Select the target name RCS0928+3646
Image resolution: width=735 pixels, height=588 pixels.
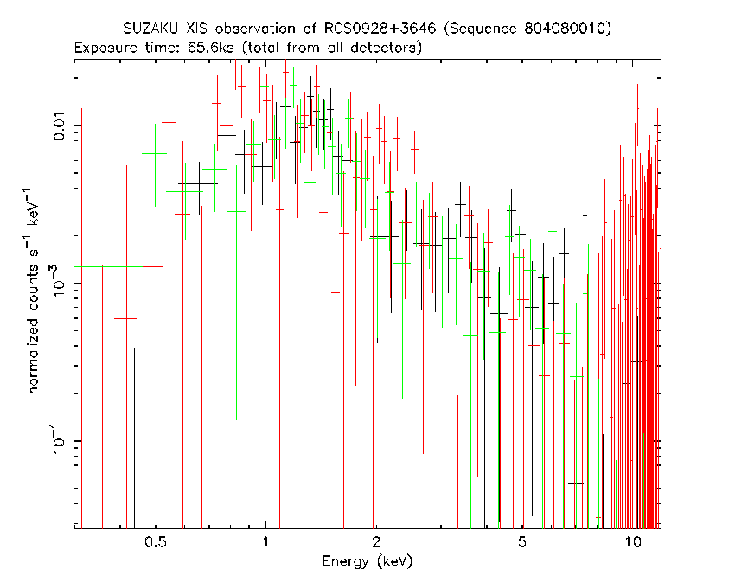click(380, 29)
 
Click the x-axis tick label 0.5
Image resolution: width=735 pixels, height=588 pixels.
click(156, 542)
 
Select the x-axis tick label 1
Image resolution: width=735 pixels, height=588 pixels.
click(265, 542)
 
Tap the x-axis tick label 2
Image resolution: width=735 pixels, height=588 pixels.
click(376, 542)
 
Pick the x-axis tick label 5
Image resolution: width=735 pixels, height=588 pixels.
click(521, 542)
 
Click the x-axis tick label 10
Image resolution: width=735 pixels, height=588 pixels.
click(632, 542)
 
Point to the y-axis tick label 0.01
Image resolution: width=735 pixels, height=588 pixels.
click(60, 125)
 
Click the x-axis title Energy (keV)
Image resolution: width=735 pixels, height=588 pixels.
click(367, 561)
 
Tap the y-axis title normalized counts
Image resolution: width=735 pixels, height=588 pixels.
click(33, 329)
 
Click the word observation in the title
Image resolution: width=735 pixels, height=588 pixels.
click(255, 29)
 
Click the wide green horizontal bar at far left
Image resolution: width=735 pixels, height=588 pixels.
click(108, 266)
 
